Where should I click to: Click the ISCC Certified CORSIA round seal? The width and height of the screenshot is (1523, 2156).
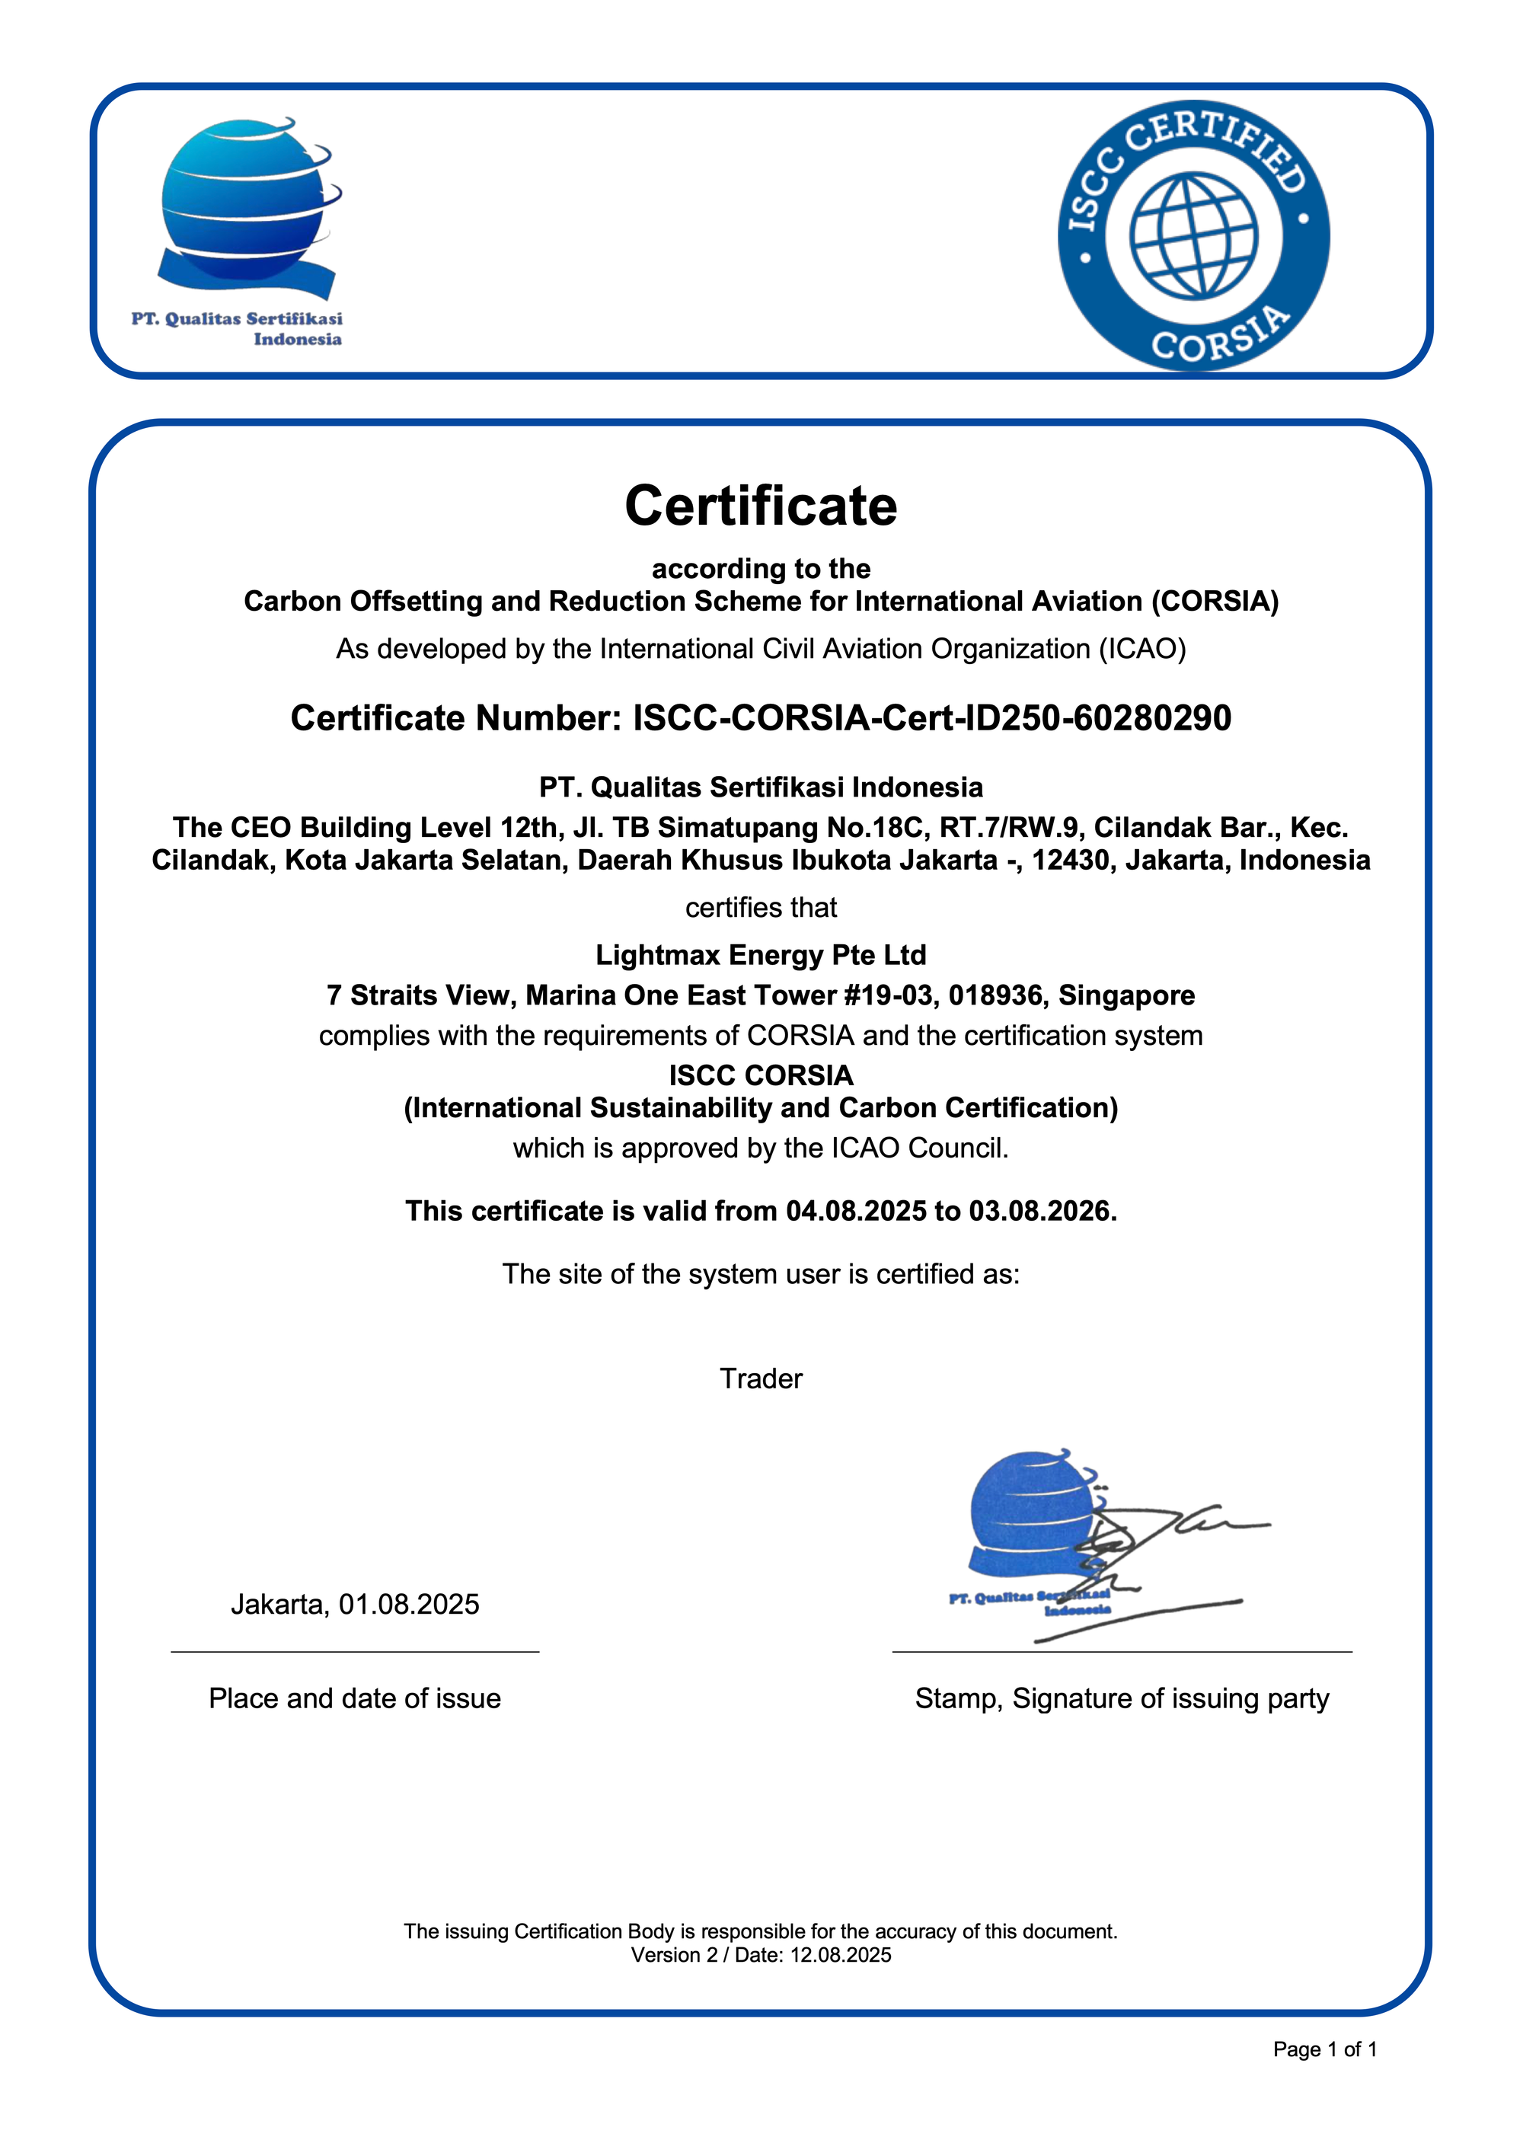click(1193, 235)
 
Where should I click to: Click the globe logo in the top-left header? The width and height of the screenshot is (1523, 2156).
click(246, 202)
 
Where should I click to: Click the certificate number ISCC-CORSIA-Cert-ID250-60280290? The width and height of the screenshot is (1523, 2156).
click(931, 718)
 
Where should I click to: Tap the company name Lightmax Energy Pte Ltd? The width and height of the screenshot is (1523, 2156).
click(761, 955)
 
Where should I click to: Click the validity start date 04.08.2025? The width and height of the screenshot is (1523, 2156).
click(855, 1212)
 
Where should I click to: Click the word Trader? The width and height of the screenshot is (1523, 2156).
click(761, 1378)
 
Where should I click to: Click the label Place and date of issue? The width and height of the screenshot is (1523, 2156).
click(354, 1699)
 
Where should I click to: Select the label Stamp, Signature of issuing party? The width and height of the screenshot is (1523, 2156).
click(1121, 1699)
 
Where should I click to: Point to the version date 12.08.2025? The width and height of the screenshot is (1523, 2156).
click(841, 1955)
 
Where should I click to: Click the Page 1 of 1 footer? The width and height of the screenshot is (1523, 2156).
click(1324, 2050)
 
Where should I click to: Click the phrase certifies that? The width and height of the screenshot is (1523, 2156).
click(761, 908)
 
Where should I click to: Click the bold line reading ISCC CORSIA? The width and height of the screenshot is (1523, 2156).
click(761, 1075)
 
